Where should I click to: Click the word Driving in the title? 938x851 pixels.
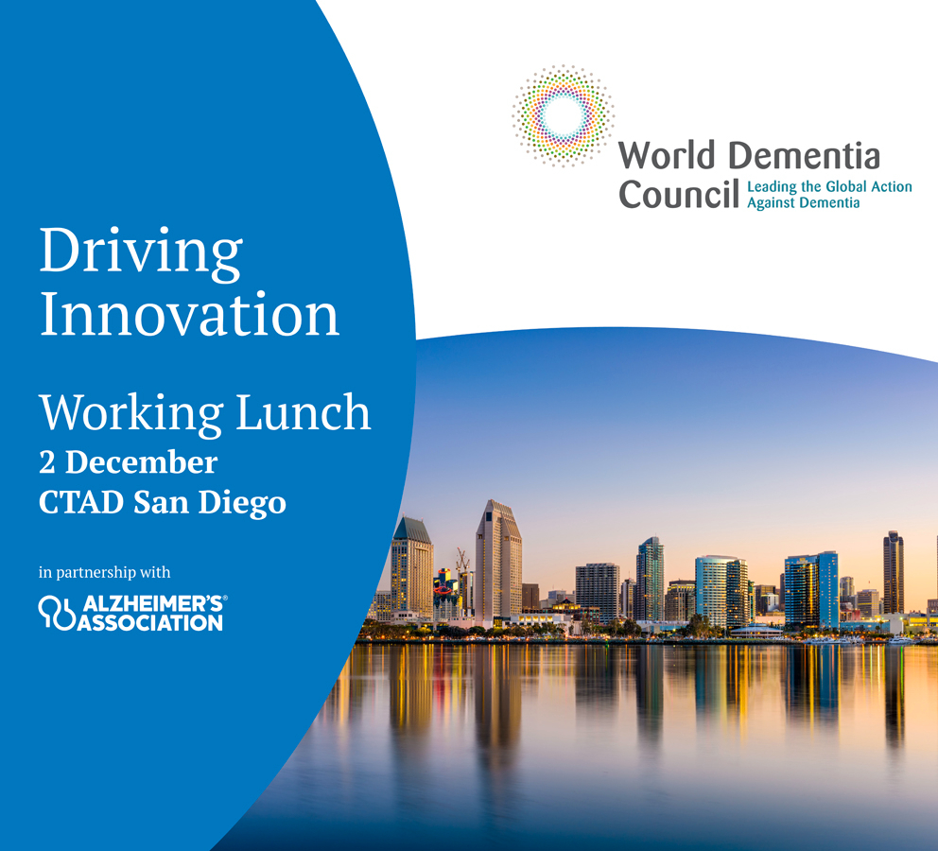point(141,253)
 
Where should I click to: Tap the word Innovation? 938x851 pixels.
point(190,314)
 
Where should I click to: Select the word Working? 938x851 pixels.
point(131,413)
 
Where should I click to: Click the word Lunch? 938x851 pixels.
point(304,411)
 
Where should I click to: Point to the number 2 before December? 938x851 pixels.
point(46,462)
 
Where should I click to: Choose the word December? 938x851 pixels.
point(141,462)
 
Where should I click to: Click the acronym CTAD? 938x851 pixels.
point(81,502)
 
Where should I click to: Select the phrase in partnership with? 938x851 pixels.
point(105,572)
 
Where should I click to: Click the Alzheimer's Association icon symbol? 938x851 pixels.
point(57,613)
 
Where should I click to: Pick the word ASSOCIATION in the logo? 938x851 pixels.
point(150,623)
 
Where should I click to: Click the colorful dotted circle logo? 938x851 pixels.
point(563,115)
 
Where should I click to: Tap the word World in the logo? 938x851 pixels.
point(667,155)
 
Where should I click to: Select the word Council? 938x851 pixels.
point(679,195)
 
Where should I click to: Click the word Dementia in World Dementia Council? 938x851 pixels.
point(805,155)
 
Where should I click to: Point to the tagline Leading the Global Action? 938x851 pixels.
point(829,186)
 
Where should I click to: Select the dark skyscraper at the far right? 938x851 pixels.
point(894,572)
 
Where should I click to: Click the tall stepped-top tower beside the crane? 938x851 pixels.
point(498,561)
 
